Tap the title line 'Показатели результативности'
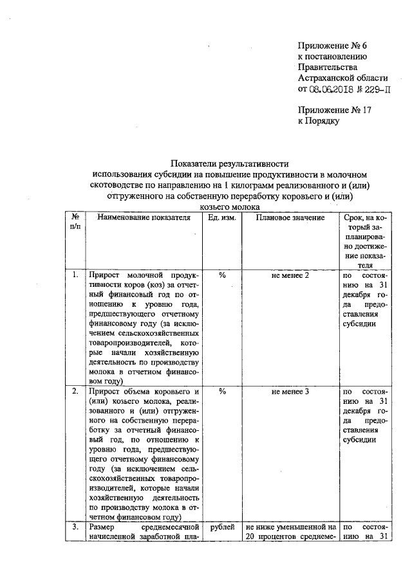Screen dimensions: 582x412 click(229, 163)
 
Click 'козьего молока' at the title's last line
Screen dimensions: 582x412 click(229, 207)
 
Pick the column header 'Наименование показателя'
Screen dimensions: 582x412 click(144, 218)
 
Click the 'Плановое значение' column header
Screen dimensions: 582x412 click(290, 218)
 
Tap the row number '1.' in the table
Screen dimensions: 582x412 click(75, 275)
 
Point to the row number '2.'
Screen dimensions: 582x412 click(75, 390)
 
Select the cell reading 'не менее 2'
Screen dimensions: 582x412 click(290, 275)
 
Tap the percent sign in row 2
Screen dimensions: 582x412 click(221, 390)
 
